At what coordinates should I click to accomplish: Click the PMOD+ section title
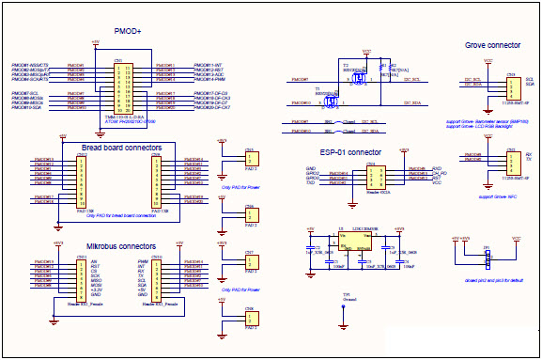[127, 32]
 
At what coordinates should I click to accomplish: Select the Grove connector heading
[493, 45]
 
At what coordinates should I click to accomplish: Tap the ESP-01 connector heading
[350, 151]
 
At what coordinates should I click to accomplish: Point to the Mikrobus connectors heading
[121, 246]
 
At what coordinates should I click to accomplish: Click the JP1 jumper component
[486, 257]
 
